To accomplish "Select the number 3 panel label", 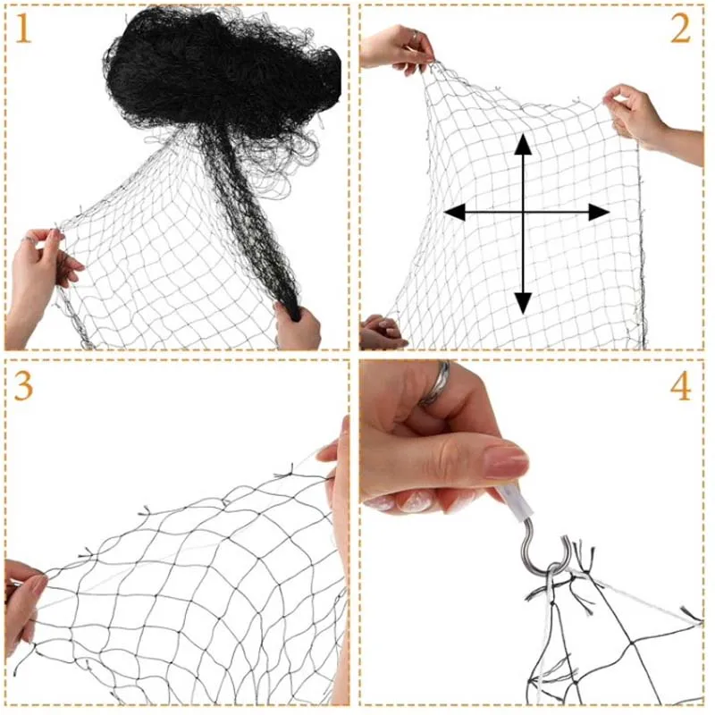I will tap(24, 385).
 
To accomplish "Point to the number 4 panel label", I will tap(680, 386).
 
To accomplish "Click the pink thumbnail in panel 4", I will tap(505, 462).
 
